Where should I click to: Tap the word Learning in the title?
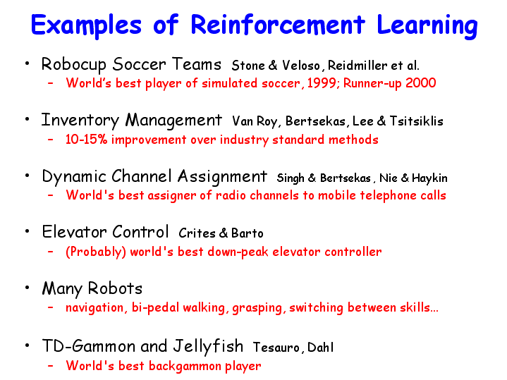coord(427,27)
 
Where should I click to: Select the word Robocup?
coord(74,65)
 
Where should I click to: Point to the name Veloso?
coord(300,66)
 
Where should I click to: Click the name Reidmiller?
coord(358,65)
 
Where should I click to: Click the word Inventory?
coord(80,121)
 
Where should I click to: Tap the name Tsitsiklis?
coord(416,121)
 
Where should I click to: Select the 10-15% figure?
coord(86,140)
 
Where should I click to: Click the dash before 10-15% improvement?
coord(51,140)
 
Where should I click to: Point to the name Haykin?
coord(429,178)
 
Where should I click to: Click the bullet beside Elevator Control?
coord(28,231)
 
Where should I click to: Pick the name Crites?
coord(197,233)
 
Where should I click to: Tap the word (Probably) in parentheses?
coord(96,252)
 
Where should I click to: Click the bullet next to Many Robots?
coord(28,287)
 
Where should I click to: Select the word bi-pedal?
coord(155,308)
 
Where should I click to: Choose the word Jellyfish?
coord(208,346)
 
